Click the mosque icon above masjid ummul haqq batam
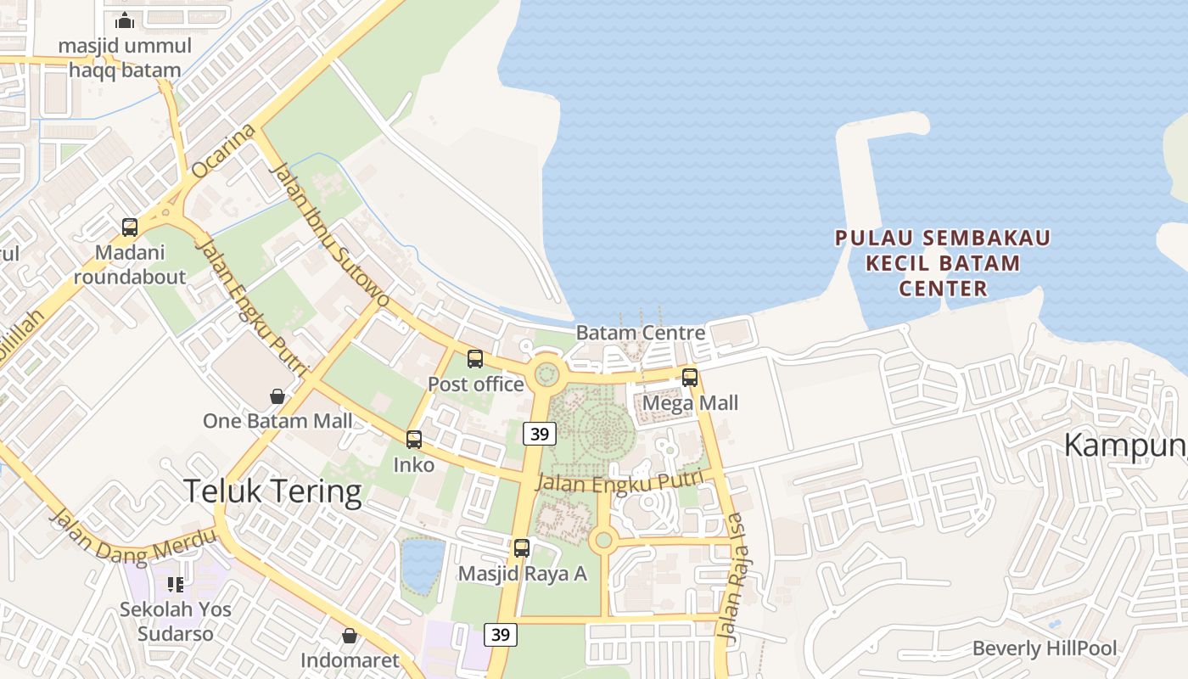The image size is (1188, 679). tap(126, 20)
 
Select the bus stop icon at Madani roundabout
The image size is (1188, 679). tap(130, 227)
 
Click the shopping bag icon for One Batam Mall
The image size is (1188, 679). tap(277, 396)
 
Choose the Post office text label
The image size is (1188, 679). tap(475, 384)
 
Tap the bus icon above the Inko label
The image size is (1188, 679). tap(414, 440)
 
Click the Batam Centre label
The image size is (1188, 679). tap(640, 333)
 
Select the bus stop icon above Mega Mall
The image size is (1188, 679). tap(690, 378)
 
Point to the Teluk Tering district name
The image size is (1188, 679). tap(272, 491)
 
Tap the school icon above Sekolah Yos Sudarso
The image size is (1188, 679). tap(176, 584)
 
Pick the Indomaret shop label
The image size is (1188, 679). tap(350, 659)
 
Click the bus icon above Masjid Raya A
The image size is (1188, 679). tap(522, 548)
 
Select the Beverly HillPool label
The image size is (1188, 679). tap(1044, 649)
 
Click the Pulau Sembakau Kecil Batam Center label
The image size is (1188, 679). tap(943, 263)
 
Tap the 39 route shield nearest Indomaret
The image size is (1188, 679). tap(501, 634)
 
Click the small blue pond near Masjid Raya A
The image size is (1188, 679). tap(422, 565)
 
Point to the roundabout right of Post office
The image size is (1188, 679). tap(546, 373)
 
